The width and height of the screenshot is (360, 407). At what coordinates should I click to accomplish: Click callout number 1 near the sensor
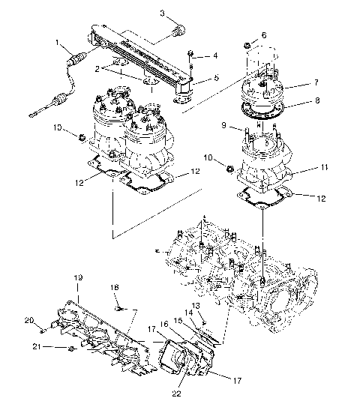[57, 43]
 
